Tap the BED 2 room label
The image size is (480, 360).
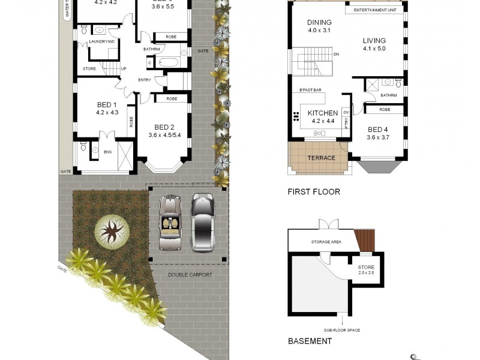coord(164,127)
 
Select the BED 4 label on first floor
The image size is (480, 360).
coord(378,130)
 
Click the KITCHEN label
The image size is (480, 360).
coord(323,113)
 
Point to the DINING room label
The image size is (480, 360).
coord(319,23)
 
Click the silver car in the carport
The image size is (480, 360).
coord(203,221)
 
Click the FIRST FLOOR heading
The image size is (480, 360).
coord(314,192)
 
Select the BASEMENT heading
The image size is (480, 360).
coord(310,341)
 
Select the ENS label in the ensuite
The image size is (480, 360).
coord(108,152)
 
